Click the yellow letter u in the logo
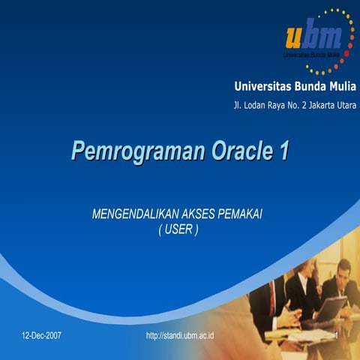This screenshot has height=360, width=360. (296, 35)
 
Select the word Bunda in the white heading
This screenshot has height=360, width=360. (310, 87)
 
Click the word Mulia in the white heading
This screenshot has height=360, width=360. (342, 87)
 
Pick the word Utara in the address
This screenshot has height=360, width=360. (345, 105)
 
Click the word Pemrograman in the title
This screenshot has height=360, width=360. (136, 151)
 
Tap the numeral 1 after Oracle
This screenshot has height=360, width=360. (283, 151)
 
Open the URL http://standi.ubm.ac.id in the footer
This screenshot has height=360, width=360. (180, 334)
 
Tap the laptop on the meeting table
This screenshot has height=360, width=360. (330, 310)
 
